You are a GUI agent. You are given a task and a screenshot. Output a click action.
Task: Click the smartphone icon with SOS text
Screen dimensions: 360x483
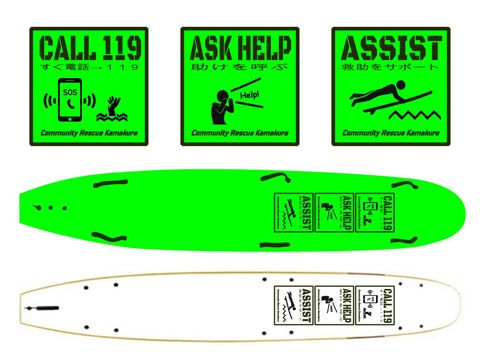click(69, 100)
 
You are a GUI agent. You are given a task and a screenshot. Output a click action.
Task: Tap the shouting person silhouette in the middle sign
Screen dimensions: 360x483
click(220, 107)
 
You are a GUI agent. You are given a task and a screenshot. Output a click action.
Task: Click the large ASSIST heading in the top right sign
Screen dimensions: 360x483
click(391, 48)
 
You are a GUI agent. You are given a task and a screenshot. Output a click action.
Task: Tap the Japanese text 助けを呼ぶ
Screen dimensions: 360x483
click(240, 67)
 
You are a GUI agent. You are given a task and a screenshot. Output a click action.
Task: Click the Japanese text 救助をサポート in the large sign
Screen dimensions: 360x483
click(390, 67)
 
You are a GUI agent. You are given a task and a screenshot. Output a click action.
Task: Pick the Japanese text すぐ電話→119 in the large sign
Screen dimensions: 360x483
click(89, 67)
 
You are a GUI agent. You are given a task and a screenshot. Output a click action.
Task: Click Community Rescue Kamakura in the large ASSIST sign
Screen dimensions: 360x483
click(390, 133)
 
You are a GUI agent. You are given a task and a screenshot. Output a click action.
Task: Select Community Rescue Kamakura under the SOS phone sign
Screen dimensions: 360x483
click(89, 133)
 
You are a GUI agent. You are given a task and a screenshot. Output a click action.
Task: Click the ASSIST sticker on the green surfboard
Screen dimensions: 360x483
click(294, 212)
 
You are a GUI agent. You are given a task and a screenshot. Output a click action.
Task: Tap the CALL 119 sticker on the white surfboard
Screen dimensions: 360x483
click(375, 305)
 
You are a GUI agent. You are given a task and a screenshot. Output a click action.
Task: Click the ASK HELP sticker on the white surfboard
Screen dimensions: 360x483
click(334, 305)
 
